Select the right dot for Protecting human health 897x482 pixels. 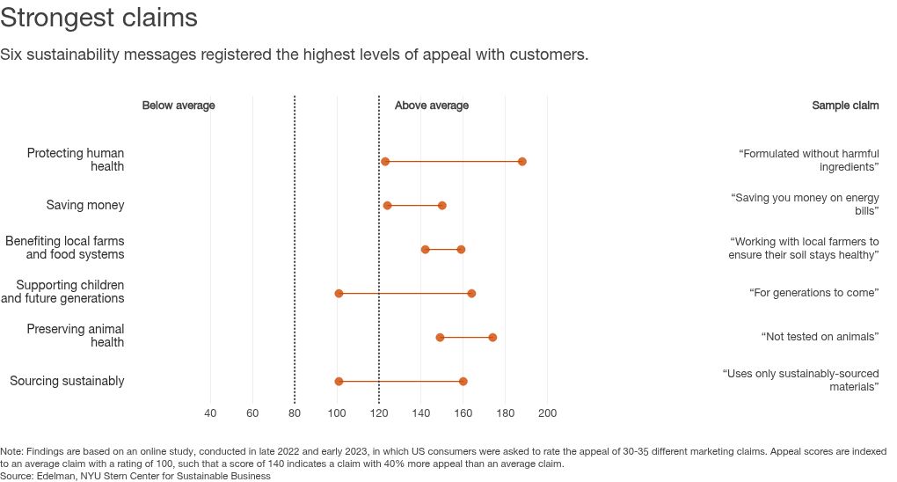522,162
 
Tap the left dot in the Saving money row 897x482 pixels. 387,206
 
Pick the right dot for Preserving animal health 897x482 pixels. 492,338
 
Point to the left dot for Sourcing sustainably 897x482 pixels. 339,382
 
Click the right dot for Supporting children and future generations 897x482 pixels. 471,294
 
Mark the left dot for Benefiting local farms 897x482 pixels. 426,250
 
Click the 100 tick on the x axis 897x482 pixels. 337,413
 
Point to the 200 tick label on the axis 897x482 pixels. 547,413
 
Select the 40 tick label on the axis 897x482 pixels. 210,413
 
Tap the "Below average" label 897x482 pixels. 179,106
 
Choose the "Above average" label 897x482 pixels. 432,106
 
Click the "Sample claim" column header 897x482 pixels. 845,106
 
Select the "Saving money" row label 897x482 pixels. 85,205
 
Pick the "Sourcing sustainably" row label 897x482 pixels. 67,381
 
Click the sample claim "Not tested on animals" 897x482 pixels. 820,337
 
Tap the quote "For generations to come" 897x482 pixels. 814,293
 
